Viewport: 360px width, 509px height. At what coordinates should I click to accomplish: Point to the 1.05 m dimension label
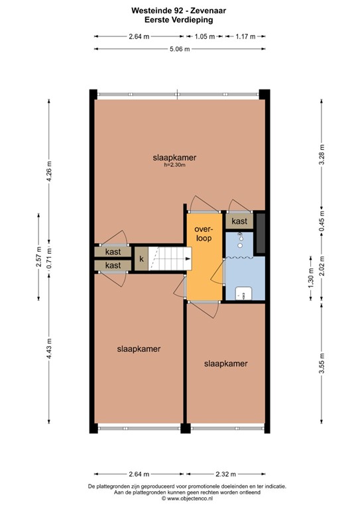click(x=204, y=36)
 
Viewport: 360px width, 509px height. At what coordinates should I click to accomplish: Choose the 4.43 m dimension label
click(x=49, y=351)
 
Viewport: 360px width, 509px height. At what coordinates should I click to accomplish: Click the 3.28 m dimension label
click(x=322, y=154)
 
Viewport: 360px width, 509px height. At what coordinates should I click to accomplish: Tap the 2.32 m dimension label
click(x=226, y=474)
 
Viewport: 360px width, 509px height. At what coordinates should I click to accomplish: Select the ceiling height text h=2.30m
click(x=174, y=165)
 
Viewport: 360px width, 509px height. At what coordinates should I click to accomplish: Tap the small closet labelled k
click(x=141, y=258)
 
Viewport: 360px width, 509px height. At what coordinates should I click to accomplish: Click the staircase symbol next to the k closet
click(x=168, y=258)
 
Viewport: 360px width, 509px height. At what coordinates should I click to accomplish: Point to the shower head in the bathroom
click(x=242, y=237)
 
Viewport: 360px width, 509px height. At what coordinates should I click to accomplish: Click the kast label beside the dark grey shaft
click(x=239, y=221)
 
